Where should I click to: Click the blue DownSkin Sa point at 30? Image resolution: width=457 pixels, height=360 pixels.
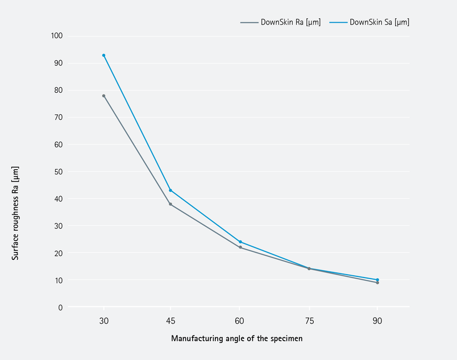pos(103,55)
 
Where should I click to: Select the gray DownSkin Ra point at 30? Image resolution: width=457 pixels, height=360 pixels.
pos(103,96)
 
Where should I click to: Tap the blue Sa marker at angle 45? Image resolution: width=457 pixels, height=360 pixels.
pos(171,190)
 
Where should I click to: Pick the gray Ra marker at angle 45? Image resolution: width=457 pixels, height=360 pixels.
pos(171,204)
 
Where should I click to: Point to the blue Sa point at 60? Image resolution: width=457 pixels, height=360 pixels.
pos(240,242)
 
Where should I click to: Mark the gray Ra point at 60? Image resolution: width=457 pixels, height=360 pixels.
pos(240,247)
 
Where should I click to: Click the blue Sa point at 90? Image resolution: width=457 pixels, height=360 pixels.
pos(377,280)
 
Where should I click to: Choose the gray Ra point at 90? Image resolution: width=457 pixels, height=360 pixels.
pos(377,283)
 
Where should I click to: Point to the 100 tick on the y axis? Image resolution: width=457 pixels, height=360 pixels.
pos(57,36)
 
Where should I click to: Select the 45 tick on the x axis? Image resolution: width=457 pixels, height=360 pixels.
pos(171,321)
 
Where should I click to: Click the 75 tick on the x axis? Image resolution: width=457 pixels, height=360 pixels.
pos(309,321)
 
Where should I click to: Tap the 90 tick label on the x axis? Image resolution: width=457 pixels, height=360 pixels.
pos(377,321)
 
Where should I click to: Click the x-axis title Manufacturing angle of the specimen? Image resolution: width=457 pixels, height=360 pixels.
pos(236,338)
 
